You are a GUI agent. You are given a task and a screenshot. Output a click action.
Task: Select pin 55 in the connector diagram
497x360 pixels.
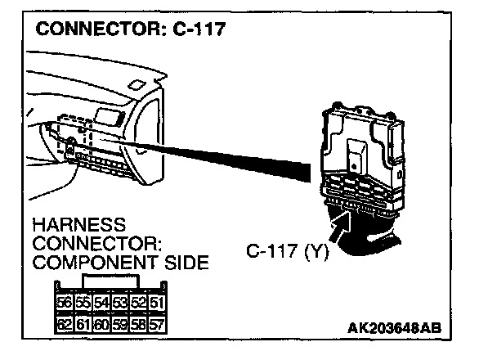click(x=83, y=302)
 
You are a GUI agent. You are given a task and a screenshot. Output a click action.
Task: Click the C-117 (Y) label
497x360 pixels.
click(x=287, y=253)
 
